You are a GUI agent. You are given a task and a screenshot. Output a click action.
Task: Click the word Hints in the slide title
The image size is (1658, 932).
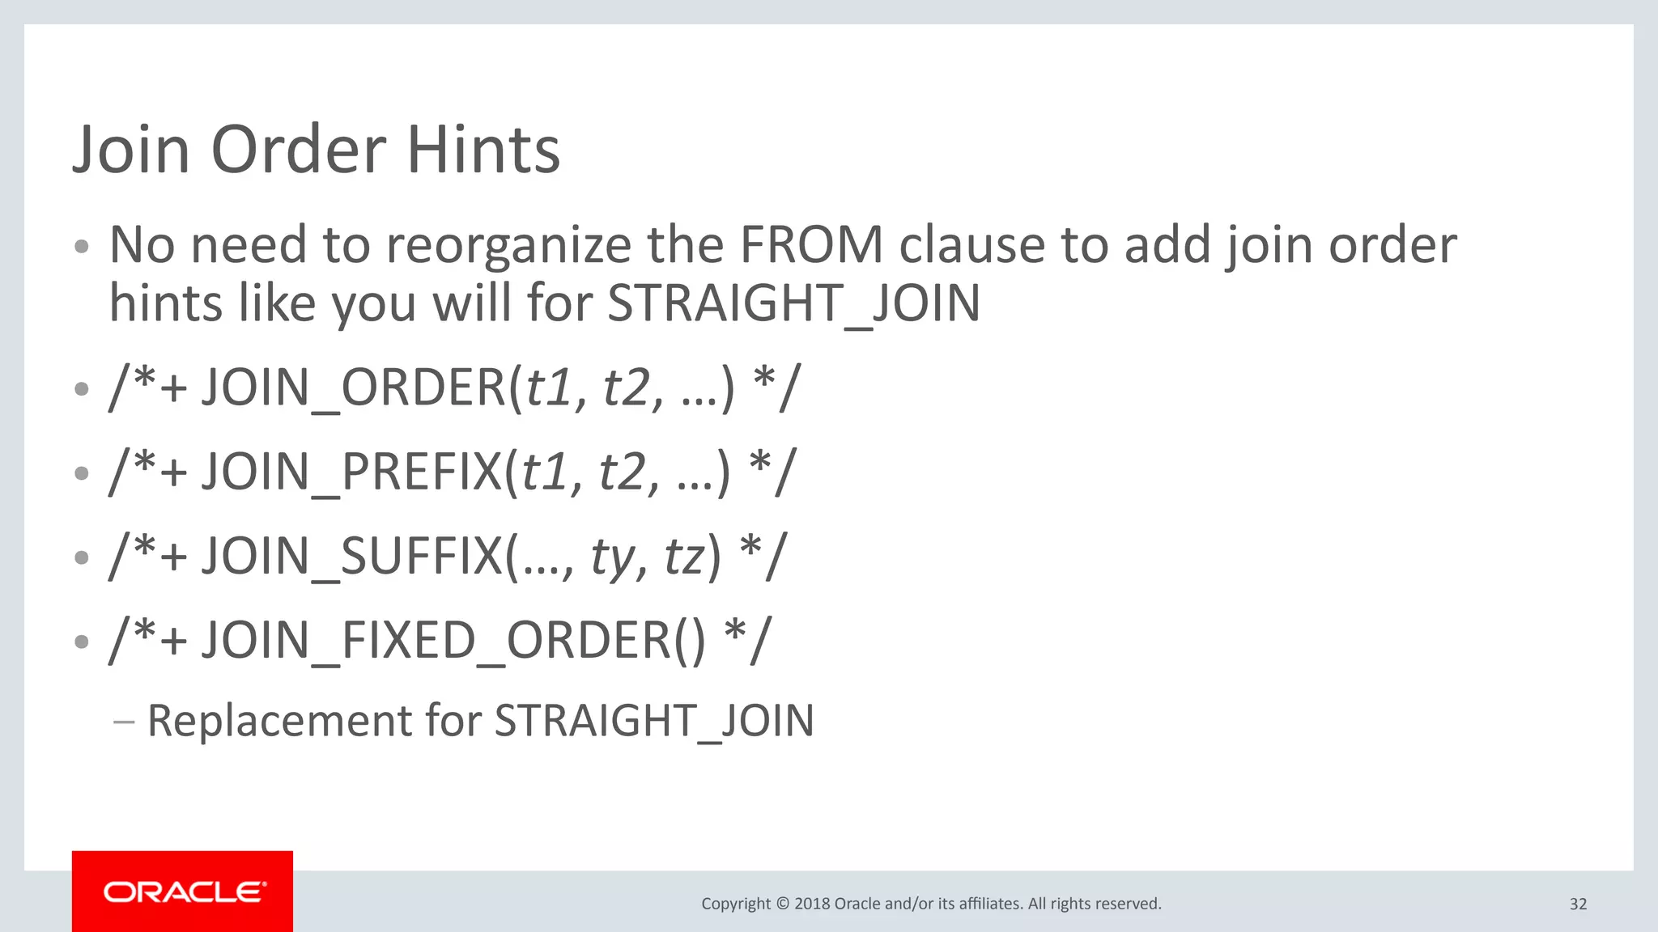(483, 150)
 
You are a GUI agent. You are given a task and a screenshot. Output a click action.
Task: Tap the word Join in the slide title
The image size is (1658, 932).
(131, 150)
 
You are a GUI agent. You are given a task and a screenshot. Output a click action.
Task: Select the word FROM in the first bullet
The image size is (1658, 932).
(811, 244)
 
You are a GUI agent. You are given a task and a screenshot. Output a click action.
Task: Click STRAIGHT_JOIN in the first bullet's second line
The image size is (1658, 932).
(793, 304)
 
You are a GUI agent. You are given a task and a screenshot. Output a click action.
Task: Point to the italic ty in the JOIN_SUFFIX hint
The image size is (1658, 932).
(612, 557)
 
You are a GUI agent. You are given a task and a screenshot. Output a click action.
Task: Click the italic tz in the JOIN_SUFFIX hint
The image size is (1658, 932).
(685, 557)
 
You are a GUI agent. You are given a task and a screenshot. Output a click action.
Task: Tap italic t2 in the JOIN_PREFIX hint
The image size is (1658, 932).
(622, 472)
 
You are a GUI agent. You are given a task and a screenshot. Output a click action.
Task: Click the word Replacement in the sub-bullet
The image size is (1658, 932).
(280, 720)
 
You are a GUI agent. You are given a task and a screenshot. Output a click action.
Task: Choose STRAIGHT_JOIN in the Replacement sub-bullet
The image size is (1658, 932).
(654, 721)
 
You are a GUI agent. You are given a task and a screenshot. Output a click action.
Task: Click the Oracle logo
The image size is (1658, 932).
(183, 892)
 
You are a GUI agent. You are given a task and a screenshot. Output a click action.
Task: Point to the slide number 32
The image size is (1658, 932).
(1578, 904)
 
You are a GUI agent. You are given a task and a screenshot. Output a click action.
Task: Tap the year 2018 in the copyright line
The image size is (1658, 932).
(812, 904)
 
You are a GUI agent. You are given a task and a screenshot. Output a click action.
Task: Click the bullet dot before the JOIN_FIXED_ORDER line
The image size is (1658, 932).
(81, 642)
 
